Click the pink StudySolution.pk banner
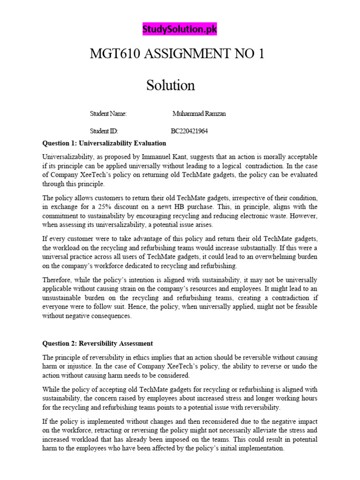tap(180, 30)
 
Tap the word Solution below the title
tap(170, 85)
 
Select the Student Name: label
tap(108, 114)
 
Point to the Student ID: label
tap(104, 131)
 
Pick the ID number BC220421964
tap(189, 131)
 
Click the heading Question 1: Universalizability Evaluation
tap(104, 143)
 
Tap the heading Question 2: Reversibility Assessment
tap(97, 343)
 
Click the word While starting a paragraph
tap(52, 389)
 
